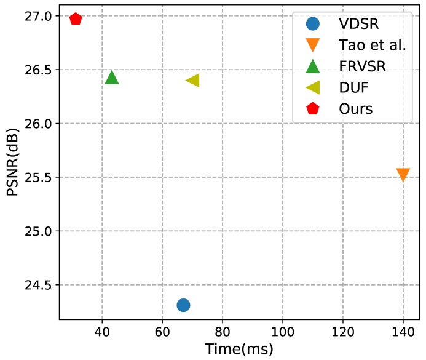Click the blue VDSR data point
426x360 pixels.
point(183,305)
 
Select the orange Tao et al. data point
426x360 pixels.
point(403,175)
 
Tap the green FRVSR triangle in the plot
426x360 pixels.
point(112,77)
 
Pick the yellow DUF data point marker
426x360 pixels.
point(192,80)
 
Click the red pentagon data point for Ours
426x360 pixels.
point(76,18)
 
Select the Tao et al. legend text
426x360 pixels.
point(372,45)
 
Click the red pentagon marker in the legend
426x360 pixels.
point(313,108)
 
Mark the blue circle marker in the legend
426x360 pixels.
point(313,24)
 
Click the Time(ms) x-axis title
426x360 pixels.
point(239,348)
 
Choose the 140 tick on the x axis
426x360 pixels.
point(403,331)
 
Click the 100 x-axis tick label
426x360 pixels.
point(282,331)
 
